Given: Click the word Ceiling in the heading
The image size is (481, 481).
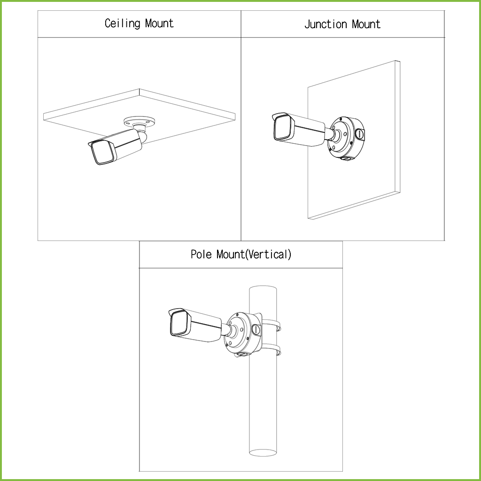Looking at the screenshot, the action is (x=123, y=23).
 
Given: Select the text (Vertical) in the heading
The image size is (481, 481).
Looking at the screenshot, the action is (x=268, y=255).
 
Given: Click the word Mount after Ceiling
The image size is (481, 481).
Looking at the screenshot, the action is (x=159, y=23).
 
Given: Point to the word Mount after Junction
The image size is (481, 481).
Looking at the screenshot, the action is (x=366, y=24).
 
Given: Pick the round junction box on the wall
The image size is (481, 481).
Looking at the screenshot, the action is (x=346, y=138).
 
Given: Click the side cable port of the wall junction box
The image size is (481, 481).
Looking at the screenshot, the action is (x=359, y=133).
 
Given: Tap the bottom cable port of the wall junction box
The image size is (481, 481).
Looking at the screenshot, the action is (x=347, y=158).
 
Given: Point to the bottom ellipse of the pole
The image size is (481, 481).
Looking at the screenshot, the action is (x=263, y=452).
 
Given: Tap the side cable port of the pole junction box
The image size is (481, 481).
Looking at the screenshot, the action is (x=256, y=329).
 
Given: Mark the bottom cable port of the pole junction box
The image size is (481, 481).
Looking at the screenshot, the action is (x=243, y=354).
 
